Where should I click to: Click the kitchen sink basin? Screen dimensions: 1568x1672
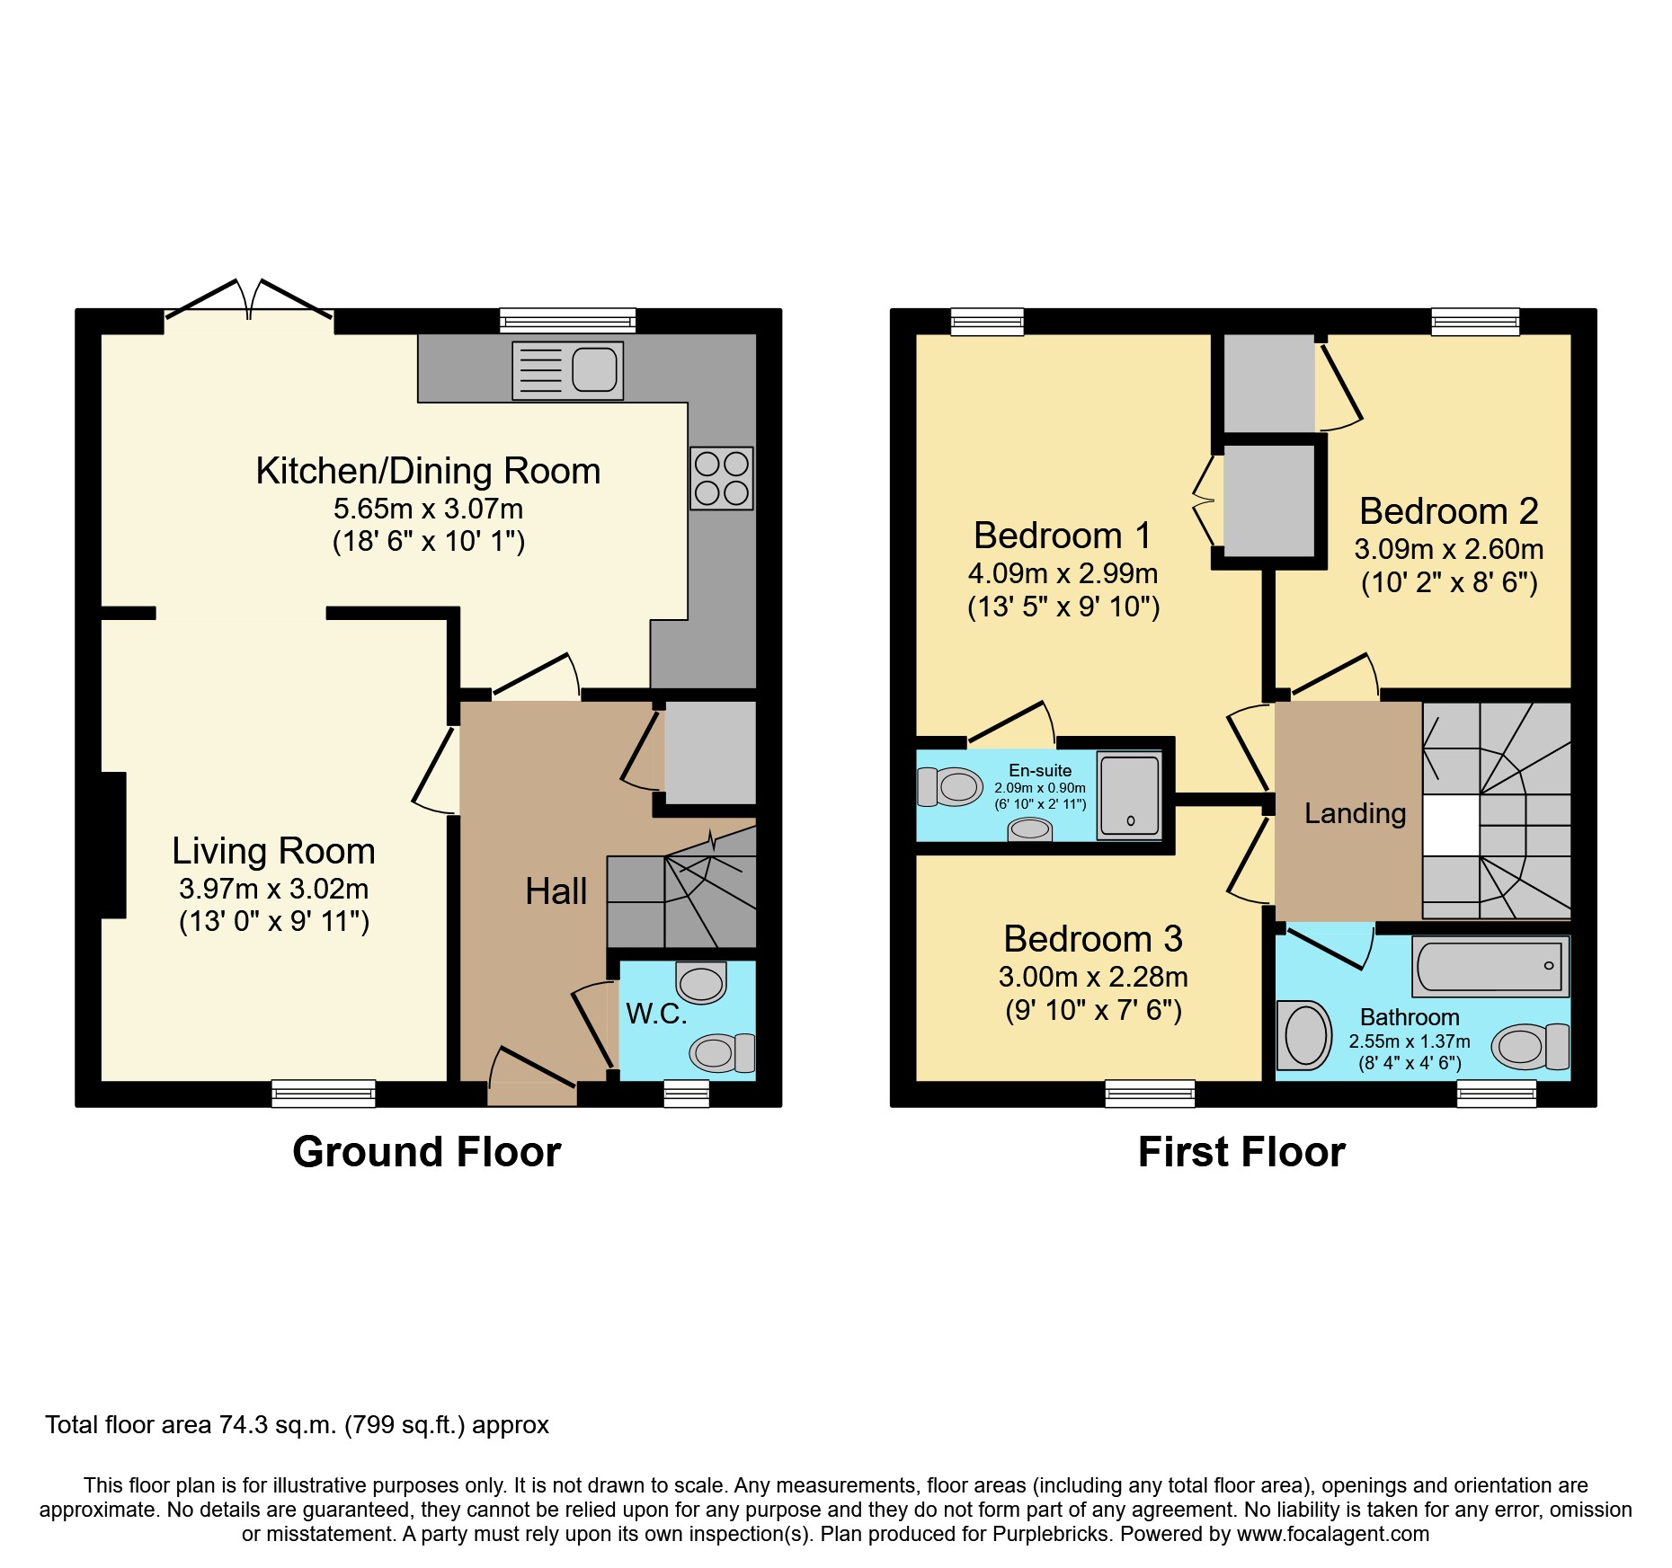[594, 369]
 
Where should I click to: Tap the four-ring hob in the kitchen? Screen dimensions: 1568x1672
[722, 478]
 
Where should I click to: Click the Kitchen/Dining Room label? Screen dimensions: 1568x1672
[428, 471]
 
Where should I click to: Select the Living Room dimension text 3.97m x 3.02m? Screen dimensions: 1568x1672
[273, 889]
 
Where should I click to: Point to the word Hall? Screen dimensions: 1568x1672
[556, 891]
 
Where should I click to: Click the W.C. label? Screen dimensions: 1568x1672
[656, 1014]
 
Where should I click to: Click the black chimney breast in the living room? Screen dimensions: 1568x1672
[113, 845]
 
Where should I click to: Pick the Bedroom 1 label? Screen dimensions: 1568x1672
[1063, 536]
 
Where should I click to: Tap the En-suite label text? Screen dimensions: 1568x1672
[1040, 770]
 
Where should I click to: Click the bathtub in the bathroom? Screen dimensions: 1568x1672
[1490, 966]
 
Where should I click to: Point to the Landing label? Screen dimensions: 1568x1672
[1355, 813]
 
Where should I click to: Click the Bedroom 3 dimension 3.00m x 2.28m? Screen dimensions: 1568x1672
[1093, 977]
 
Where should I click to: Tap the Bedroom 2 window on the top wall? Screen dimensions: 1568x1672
[1475, 321]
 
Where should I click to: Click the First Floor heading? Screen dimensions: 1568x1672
[1241, 1152]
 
